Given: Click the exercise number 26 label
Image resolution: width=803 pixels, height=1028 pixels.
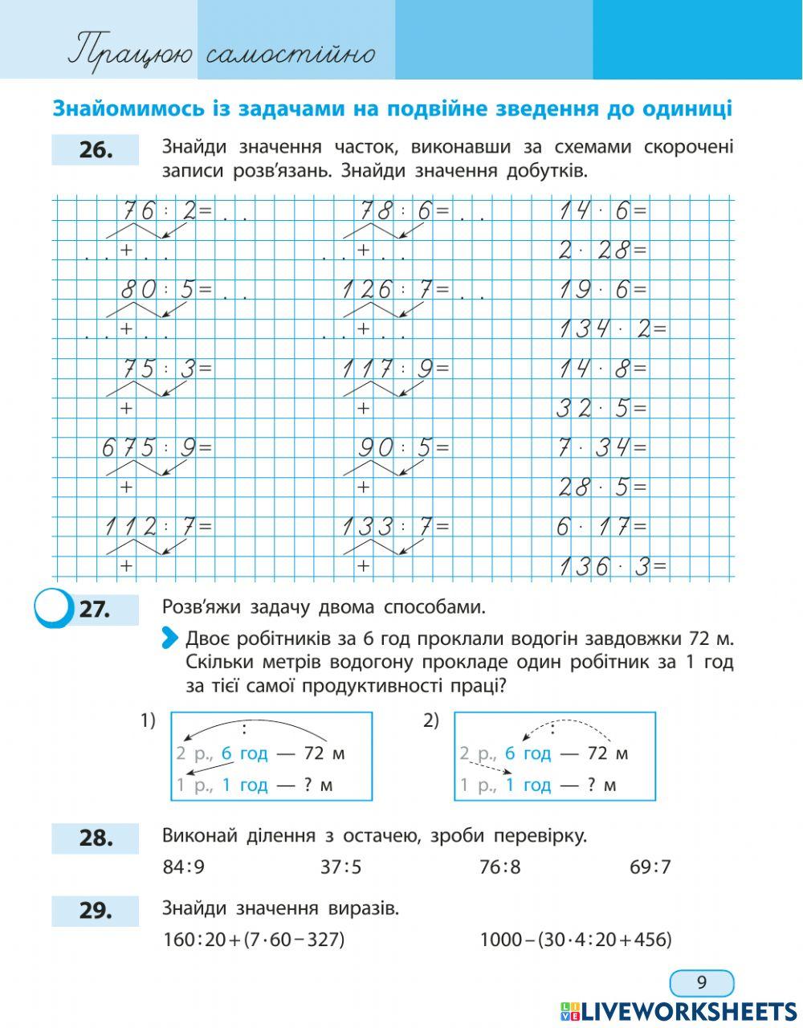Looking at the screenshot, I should click(x=96, y=150).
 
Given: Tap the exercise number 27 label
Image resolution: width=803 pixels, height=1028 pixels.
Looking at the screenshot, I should click(x=95, y=610).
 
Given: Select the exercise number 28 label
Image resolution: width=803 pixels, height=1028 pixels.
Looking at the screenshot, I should click(x=96, y=838).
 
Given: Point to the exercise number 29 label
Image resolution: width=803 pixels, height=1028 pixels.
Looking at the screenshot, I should click(x=96, y=911).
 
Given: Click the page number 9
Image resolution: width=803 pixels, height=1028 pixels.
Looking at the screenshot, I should click(x=701, y=983).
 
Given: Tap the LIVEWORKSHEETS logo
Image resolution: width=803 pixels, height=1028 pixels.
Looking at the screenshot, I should click(x=679, y=1011).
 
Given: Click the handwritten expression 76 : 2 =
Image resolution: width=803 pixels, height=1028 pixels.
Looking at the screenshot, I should click(x=166, y=211).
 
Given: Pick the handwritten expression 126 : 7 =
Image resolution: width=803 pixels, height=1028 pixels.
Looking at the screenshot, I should click(x=396, y=290).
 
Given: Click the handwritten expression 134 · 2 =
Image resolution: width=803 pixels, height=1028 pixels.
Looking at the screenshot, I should click(x=613, y=328).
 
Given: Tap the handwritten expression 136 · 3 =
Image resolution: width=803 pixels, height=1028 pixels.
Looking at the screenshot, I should click(x=613, y=566).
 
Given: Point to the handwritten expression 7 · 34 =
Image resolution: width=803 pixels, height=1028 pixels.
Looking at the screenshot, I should click(x=602, y=447).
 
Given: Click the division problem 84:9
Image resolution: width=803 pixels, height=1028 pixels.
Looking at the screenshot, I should click(x=184, y=867).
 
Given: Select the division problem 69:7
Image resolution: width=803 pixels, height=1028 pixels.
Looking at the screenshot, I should click(x=650, y=867).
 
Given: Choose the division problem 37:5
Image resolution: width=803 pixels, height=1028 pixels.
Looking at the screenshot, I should click(x=340, y=867).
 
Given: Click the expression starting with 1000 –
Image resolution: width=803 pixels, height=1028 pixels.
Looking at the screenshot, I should click(x=575, y=940).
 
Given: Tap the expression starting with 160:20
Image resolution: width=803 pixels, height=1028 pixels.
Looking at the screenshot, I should click(x=253, y=940).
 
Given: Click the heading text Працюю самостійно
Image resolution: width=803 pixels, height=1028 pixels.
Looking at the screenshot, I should click(x=222, y=53).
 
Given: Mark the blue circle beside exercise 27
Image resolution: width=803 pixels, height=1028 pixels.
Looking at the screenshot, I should click(x=52, y=610).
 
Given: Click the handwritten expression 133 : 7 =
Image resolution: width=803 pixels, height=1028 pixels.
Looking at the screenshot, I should click(x=396, y=527).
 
